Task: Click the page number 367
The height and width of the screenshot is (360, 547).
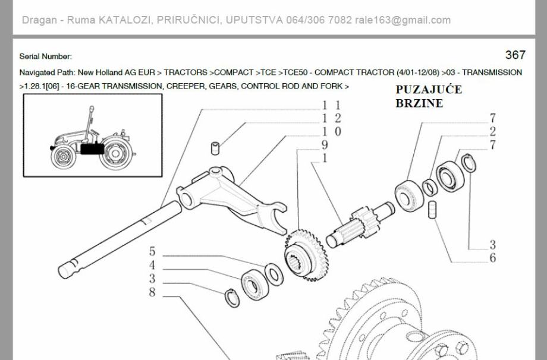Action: [x=515, y=55]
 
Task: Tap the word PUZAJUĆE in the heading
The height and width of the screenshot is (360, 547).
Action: [x=429, y=90]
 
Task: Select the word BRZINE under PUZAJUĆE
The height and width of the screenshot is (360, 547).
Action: [x=419, y=103]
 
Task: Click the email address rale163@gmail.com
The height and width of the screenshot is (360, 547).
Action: [x=403, y=20]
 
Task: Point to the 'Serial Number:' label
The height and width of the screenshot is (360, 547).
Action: [x=46, y=56]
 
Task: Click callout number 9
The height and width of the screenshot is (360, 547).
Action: [x=325, y=145]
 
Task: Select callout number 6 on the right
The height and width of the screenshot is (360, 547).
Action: [x=492, y=258]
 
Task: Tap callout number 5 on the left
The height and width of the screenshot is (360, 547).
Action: [x=152, y=251]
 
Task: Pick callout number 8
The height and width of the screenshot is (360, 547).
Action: [x=152, y=292]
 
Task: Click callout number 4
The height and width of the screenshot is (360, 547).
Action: [x=152, y=265]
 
